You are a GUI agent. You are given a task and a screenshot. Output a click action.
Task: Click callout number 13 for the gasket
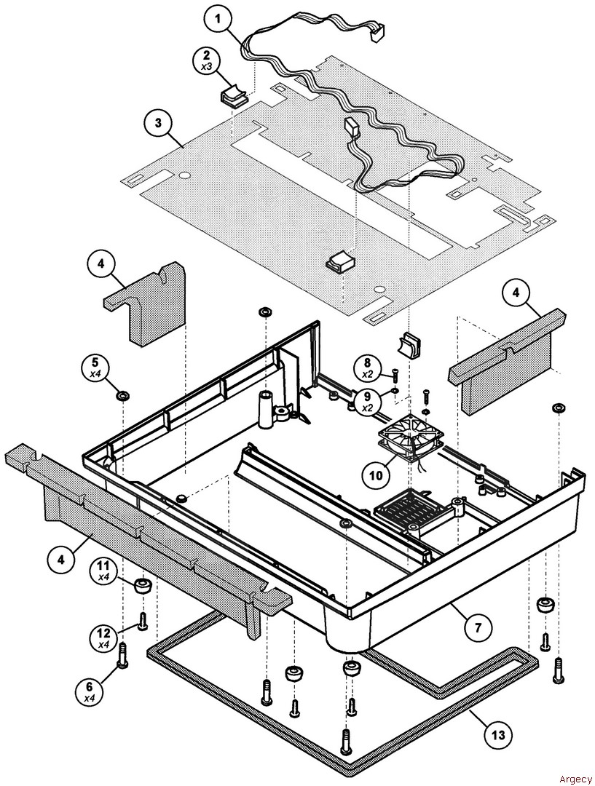[499, 736]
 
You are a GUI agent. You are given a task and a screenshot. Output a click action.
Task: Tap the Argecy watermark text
[575, 778]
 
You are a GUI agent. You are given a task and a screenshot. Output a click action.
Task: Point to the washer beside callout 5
[123, 396]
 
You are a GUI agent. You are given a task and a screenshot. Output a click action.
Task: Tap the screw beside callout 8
[394, 375]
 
